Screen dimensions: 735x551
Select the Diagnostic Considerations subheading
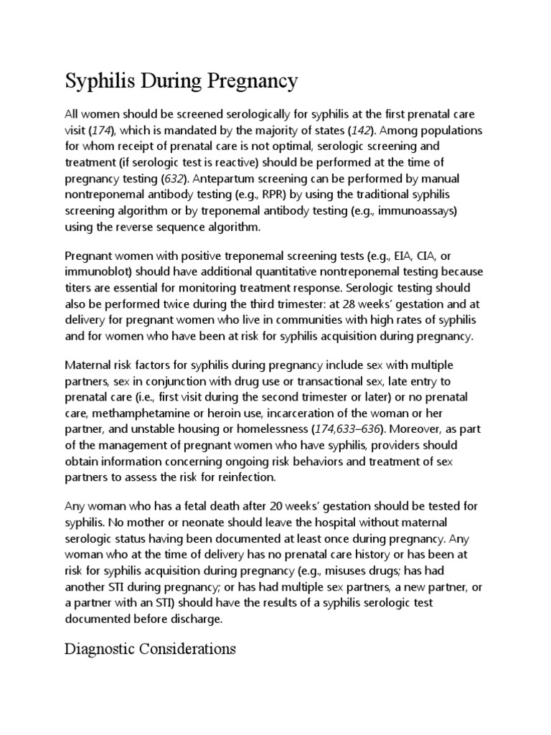pos(151,650)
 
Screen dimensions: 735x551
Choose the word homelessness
pos(267,429)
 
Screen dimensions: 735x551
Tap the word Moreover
pos(402,429)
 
